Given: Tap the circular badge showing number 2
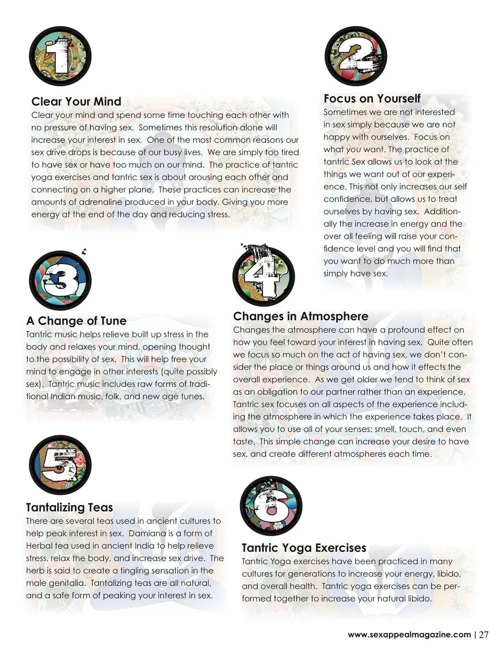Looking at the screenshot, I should point(356,56).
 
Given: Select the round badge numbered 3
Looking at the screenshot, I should point(60,280).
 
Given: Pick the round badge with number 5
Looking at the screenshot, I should point(60,464).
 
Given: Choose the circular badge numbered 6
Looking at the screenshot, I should point(271,505).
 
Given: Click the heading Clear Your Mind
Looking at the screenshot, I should point(76,101).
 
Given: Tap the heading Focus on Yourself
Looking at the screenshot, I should point(372,99).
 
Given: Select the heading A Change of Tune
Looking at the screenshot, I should point(76,321).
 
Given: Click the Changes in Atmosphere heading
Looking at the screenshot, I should point(300,316).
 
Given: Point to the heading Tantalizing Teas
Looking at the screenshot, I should point(69,507).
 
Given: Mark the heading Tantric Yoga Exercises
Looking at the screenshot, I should point(304,548).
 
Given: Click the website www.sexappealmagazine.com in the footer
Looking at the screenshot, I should point(409,634).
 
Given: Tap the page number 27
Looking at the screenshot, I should point(484,634).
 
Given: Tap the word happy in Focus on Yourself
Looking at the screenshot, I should point(336,137).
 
